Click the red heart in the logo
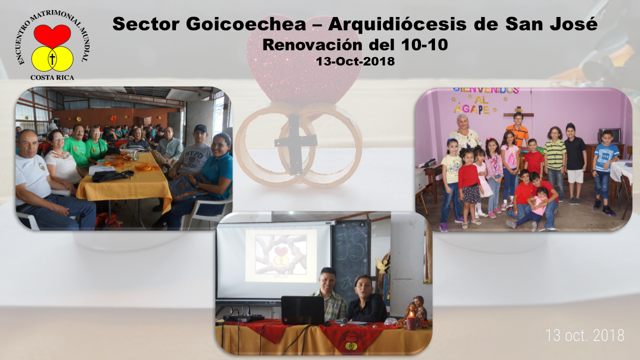pos(52,35)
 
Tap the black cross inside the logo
pos(52,58)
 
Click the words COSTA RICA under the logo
pos(52,77)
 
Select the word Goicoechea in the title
pos(246,24)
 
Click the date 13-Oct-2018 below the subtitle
pos(355,61)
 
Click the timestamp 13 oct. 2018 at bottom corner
pos(585,335)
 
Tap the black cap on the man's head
pos(200,128)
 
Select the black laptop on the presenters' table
pos(303,310)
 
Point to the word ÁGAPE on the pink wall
pos(471,109)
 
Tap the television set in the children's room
pos(609,136)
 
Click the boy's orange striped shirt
pos(517,135)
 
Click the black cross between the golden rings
pos(295,143)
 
